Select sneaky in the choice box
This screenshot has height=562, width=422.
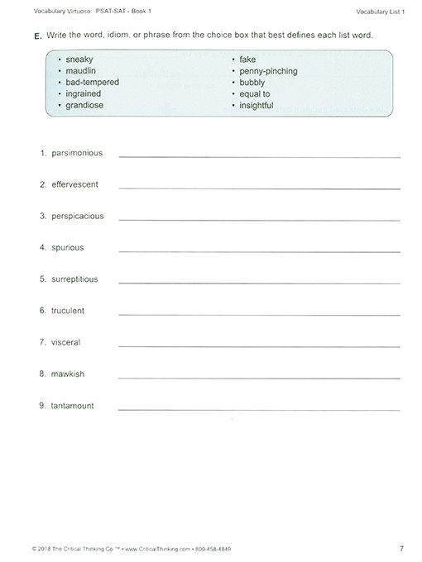(79, 60)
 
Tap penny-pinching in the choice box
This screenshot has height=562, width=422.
(268, 72)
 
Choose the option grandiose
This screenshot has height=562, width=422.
(84, 106)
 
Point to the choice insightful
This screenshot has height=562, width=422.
(256, 106)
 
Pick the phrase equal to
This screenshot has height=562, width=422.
(255, 94)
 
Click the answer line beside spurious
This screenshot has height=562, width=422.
(259, 251)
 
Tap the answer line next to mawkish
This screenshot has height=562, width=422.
(259, 378)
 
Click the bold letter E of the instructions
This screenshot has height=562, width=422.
(37, 38)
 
